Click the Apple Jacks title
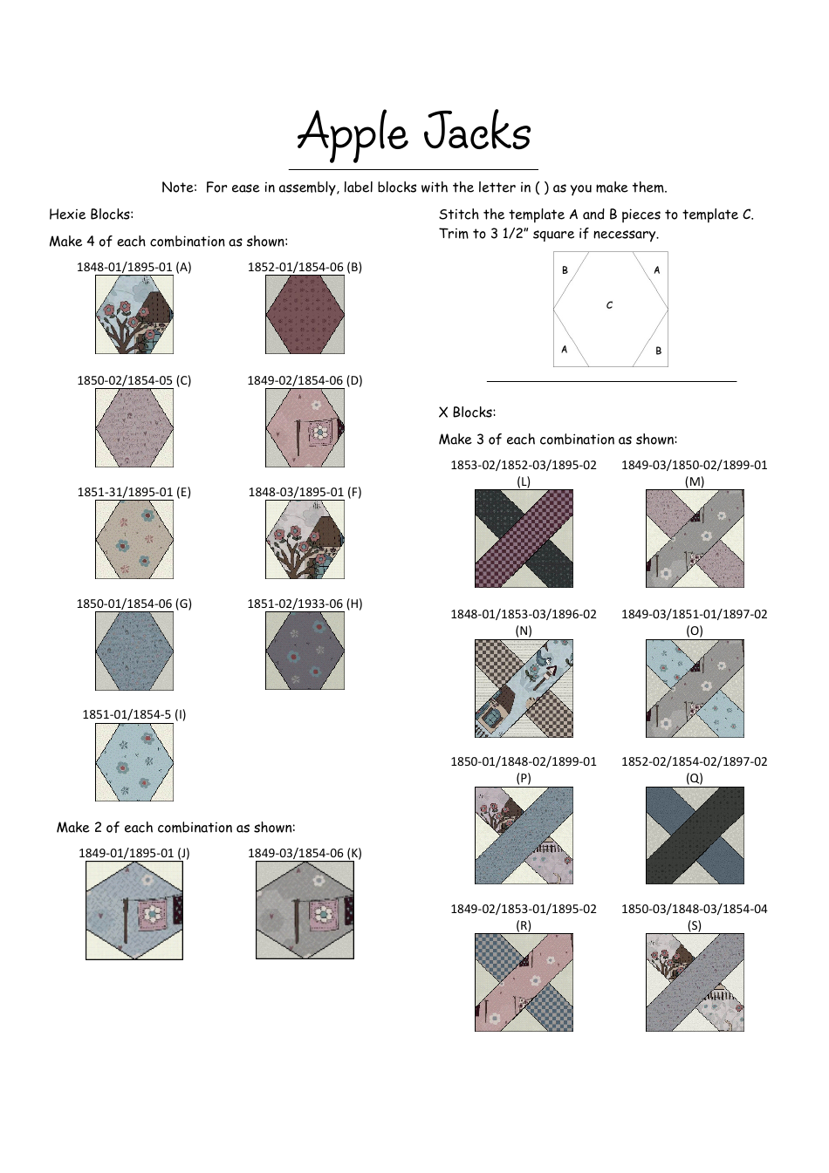click(x=414, y=133)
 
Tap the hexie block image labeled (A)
click(x=134, y=315)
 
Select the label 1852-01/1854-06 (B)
click(x=305, y=267)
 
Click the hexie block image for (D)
click(x=305, y=427)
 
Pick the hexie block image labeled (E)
click(x=134, y=539)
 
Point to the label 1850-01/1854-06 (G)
click(x=134, y=604)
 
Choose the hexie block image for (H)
click(x=305, y=651)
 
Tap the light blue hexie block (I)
click(x=134, y=761)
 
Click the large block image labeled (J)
click(x=134, y=910)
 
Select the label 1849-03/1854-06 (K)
click(x=305, y=853)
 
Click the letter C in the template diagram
click(x=609, y=305)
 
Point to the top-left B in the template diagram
click(x=565, y=270)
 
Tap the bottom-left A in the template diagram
click(x=565, y=349)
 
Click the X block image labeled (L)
click(x=524, y=538)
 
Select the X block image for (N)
click(x=524, y=688)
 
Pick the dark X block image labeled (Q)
click(x=695, y=835)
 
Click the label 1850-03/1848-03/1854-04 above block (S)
click(x=695, y=909)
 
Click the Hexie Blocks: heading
click(x=92, y=215)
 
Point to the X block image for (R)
click(x=524, y=982)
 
